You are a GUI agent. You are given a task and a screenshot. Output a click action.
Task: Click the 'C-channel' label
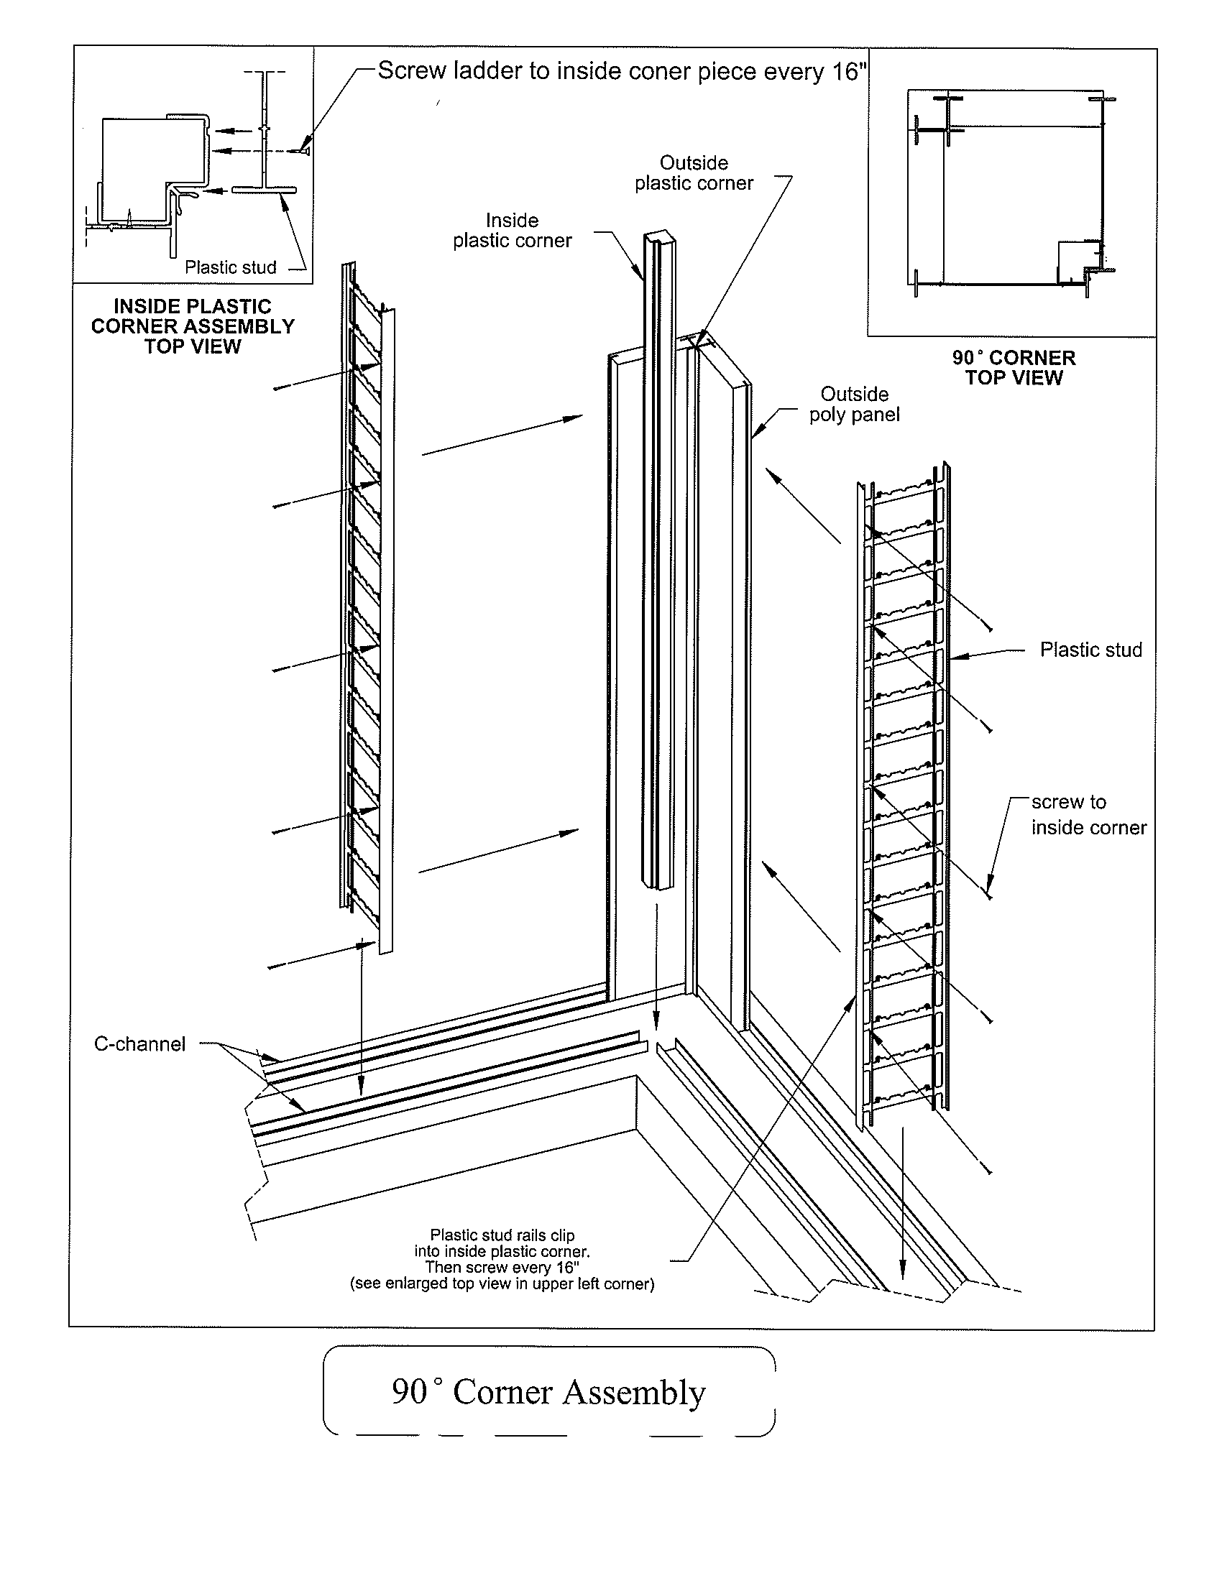(x=139, y=1044)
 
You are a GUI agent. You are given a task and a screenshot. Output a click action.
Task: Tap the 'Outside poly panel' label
(x=854, y=405)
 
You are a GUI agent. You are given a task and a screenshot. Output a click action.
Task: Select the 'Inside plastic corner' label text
(x=512, y=231)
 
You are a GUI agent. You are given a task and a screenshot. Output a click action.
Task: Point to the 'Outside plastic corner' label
(x=694, y=173)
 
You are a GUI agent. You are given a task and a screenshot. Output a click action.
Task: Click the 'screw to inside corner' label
(x=1088, y=815)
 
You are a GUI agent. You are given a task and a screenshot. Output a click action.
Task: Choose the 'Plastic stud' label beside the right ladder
(x=1090, y=650)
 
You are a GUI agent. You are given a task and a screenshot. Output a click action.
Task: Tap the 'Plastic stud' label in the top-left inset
(x=230, y=268)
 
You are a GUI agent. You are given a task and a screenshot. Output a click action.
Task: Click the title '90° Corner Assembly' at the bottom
(x=548, y=1392)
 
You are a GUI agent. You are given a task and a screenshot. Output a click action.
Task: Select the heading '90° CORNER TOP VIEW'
(x=1014, y=368)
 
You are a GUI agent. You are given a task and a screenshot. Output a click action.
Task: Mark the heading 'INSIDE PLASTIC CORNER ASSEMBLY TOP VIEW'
(x=193, y=326)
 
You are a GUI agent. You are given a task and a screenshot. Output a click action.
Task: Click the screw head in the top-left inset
(x=305, y=151)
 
